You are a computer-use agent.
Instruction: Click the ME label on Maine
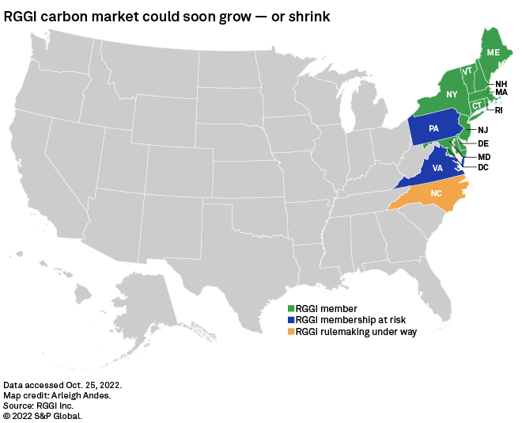coord(493,52)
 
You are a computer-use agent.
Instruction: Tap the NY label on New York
coord(452,95)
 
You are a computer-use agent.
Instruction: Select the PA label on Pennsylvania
coord(433,128)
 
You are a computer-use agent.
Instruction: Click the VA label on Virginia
coord(437,169)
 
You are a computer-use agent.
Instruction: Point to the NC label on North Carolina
coord(436,193)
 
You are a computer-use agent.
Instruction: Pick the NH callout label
coord(501,84)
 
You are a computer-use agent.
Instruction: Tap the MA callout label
coord(501,93)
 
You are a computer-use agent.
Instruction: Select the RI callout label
coord(499,110)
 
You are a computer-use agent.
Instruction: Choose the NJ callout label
coord(483,129)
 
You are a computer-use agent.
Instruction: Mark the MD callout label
coord(484,157)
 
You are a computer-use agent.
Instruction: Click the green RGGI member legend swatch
coord(290,308)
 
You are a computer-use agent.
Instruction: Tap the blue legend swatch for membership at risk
coord(290,320)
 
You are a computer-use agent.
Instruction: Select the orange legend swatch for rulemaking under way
coord(290,332)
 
